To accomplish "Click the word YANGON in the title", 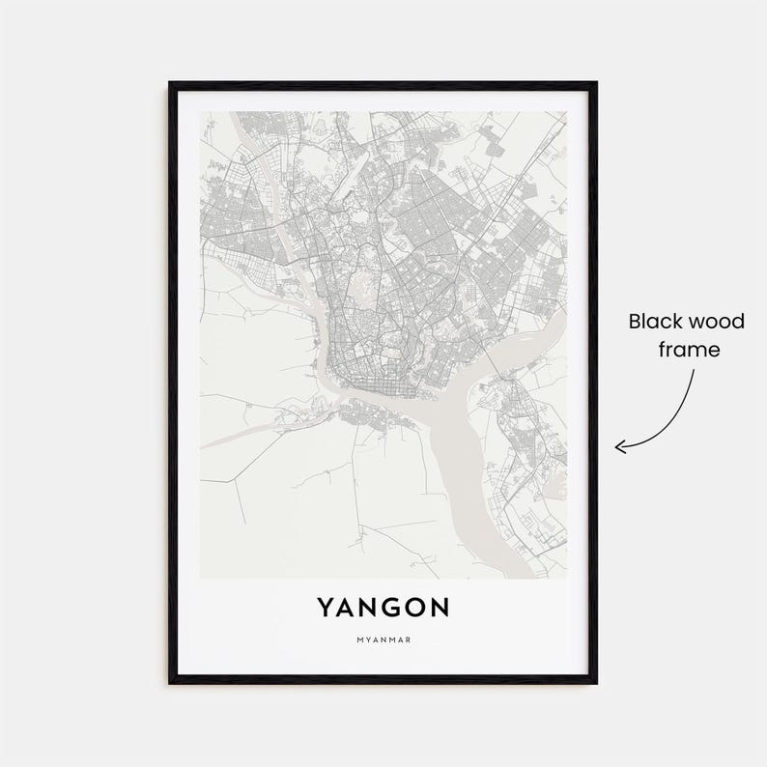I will (383, 607).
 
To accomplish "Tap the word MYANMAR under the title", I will (383, 639).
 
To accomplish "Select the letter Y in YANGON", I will (326, 607).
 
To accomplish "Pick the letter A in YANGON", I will (347, 607).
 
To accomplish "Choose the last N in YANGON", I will (440, 607).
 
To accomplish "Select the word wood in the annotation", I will (720, 321).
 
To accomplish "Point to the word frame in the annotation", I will (690, 349).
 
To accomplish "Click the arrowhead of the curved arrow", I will (621, 446).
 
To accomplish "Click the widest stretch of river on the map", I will (454, 464).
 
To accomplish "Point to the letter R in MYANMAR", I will (410, 639).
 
